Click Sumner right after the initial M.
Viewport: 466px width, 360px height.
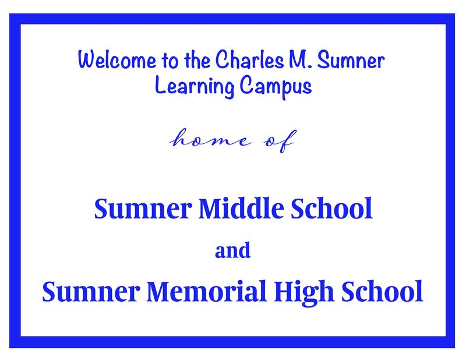click(351, 60)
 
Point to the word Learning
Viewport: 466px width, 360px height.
click(195, 86)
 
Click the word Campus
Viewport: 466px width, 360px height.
click(276, 87)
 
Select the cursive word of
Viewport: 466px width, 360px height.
click(280, 141)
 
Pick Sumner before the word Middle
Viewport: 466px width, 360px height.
click(142, 209)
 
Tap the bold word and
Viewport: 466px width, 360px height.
click(232, 250)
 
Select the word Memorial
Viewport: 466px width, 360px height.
click(206, 291)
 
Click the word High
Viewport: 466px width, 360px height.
click(303, 293)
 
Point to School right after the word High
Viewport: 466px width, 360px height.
click(382, 291)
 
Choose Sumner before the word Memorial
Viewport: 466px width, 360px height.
click(91, 291)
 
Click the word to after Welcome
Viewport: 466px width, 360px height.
click(170, 61)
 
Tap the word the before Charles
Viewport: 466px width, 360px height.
click(197, 60)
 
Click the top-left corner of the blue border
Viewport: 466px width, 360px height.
click(9, 13)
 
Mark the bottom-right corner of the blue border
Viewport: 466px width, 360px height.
click(455, 348)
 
